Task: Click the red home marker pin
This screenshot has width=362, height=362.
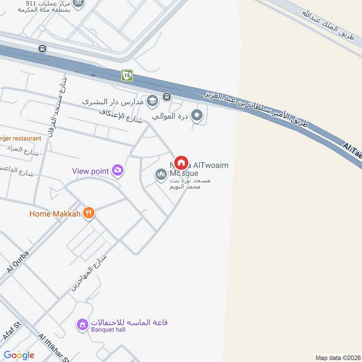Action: (x=181, y=162)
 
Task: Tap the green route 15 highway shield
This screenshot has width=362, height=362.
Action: (x=127, y=76)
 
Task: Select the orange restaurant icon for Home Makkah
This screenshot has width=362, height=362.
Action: (x=89, y=213)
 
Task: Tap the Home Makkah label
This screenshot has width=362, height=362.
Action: (x=55, y=214)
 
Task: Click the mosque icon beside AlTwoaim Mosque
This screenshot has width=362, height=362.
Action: (x=161, y=174)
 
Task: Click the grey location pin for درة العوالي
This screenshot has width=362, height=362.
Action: (x=197, y=116)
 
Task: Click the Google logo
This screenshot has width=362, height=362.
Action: (x=19, y=355)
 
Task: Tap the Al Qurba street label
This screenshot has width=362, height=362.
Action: (x=18, y=262)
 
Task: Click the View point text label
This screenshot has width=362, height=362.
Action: (x=90, y=171)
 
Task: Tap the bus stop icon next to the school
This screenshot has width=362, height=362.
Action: (x=167, y=96)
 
